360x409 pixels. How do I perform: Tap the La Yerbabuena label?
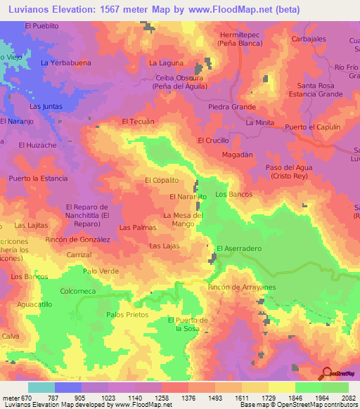coord(65,63)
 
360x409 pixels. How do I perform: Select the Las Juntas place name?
coord(46,106)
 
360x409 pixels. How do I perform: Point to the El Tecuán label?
coord(138,122)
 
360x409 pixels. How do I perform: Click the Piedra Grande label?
coord(232,107)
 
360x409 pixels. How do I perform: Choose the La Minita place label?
coord(259,122)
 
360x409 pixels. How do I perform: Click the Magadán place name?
coord(236,154)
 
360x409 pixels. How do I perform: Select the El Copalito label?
coord(162,181)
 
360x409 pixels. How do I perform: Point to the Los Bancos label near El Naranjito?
coord(233,194)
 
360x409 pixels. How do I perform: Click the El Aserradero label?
coord(239,249)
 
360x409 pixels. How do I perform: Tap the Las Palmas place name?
coord(137,228)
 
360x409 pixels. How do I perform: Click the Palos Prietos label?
coord(124,315)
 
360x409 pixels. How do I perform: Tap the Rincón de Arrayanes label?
coord(241,287)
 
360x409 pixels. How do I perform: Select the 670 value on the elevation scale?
coord(26,398)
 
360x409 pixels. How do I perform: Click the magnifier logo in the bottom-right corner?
coord(326,372)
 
